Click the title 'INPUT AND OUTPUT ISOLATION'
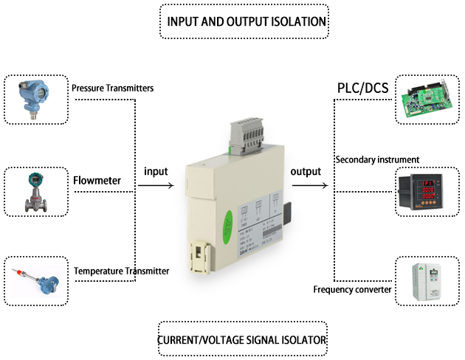(x=244, y=21)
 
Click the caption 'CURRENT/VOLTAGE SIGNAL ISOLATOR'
(x=243, y=341)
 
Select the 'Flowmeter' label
(x=97, y=179)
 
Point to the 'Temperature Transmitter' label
(x=121, y=271)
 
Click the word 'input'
(x=156, y=171)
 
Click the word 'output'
(x=306, y=171)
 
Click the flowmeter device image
(x=35, y=191)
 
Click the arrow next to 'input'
(x=156, y=186)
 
